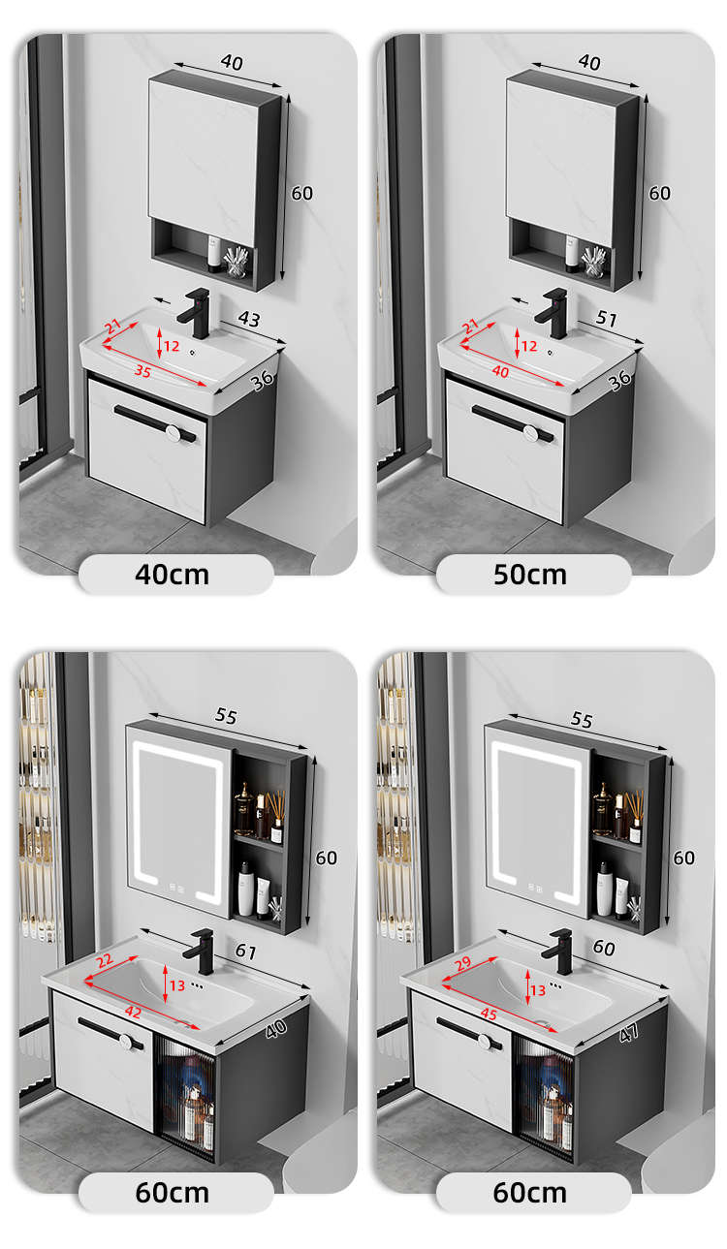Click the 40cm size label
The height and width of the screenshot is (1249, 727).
click(x=172, y=575)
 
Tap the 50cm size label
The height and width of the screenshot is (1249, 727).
click(x=529, y=575)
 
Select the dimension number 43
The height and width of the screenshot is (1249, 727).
click(x=249, y=319)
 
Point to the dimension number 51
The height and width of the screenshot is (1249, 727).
click(x=607, y=319)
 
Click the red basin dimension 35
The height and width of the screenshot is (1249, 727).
click(x=142, y=371)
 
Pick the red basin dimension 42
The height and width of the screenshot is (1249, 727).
click(x=133, y=1012)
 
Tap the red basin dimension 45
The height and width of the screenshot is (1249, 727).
click(x=489, y=1014)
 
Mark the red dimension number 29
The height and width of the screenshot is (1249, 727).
click(x=462, y=963)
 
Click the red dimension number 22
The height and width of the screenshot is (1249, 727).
click(x=105, y=960)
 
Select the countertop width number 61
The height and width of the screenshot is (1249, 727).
click(x=245, y=952)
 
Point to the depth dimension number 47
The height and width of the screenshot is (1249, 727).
click(x=629, y=1034)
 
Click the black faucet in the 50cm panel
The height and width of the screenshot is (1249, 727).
click(x=553, y=313)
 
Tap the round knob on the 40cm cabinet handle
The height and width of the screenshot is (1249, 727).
click(x=173, y=433)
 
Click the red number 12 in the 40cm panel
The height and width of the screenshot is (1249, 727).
click(x=172, y=346)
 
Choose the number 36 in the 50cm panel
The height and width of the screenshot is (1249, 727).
click(x=619, y=380)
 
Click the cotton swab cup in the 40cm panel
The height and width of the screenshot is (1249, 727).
click(x=237, y=262)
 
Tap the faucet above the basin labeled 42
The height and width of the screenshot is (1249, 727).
click(x=199, y=952)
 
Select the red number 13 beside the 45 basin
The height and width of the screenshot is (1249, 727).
click(x=538, y=990)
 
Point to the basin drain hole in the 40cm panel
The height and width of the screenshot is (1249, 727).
click(x=193, y=353)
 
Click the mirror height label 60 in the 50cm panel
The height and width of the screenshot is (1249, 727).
click(x=659, y=194)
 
